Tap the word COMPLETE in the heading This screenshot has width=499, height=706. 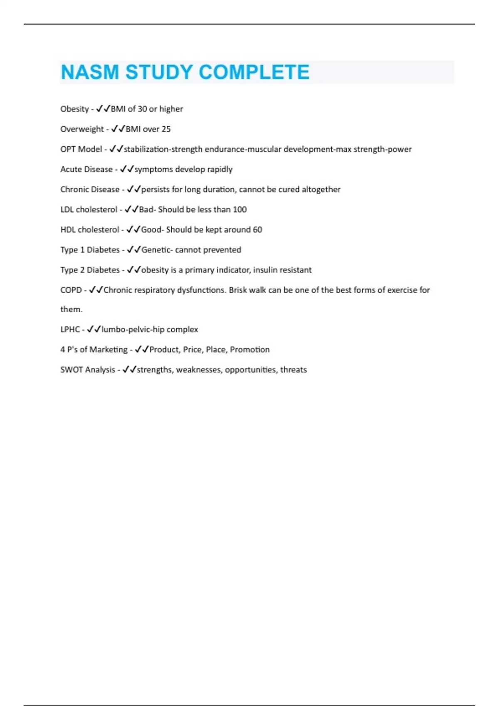click(x=254, y=72)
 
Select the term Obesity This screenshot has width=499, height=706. click(x=74, y=109)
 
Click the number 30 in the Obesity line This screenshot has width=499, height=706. click(x=142, y=109)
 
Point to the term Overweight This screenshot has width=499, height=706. click(x=82, y=129)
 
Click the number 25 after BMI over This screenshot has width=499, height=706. click(x=166, y=129)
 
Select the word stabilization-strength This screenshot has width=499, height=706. click(x=163, y=149)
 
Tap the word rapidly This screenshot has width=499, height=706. click(x=220, y=169)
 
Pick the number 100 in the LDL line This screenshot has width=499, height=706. click(x=240, y=210)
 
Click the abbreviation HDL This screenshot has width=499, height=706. click(x=68, y=230)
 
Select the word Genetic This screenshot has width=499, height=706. click(x=156, y=250)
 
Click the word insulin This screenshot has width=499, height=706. click(x=265, y=270)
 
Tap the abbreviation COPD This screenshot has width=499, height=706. click(x=71, y=290)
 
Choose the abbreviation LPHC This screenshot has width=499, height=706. click(x=70, y=329)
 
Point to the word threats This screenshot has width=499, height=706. click(x=293, y=370)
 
